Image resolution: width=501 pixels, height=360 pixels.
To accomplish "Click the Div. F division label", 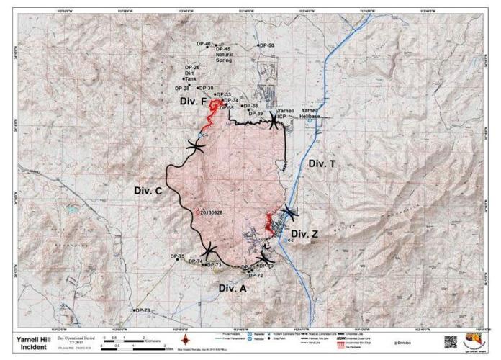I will click(x=194, y=103).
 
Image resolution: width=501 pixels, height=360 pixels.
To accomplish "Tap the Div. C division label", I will click(x=148, y=191).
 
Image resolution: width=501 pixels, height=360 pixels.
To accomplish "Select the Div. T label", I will click(x=322, y=164).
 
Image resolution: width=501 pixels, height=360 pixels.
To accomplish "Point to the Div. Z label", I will click(x=304, y=234).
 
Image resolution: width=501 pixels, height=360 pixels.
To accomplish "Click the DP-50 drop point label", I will click(x=267, y=45).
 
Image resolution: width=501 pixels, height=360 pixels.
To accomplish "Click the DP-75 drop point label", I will click(x=177, y=256).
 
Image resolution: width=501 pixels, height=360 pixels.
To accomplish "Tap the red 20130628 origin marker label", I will click(x=215, y=212).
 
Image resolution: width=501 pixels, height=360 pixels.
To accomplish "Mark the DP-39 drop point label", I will click(x=256, y=114).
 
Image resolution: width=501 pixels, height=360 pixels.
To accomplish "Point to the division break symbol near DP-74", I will click(x=209, y=251).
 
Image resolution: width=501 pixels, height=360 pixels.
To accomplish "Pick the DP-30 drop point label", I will click(x=205, y=88).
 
